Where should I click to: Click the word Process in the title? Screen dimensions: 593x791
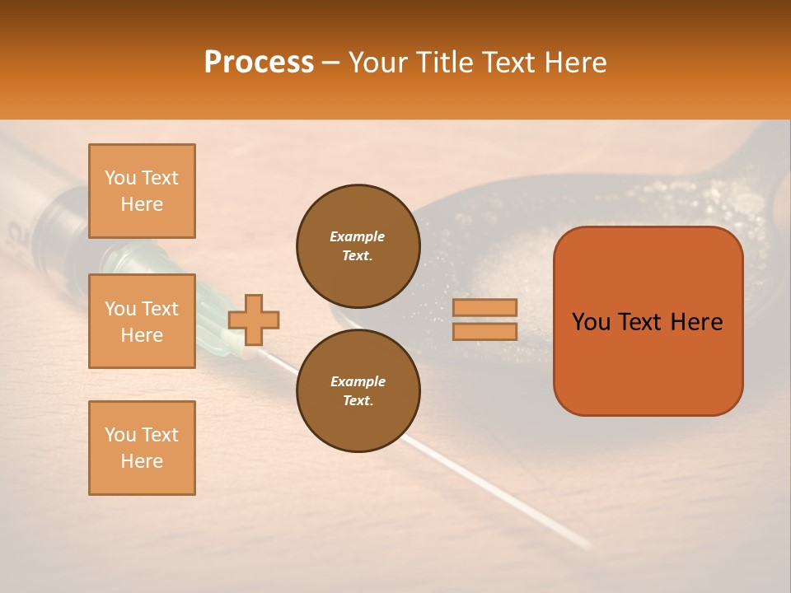[259, 63]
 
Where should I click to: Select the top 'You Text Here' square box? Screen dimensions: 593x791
[142, 191]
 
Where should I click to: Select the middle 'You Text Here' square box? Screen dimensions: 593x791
[142, 321]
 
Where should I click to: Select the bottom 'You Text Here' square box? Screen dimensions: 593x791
[142, 448]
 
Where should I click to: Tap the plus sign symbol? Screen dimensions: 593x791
[254, 320]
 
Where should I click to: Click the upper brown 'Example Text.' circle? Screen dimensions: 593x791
[358, 246]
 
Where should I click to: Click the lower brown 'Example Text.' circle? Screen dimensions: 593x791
[358, 391]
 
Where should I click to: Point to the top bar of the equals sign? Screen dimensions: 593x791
[485, 308]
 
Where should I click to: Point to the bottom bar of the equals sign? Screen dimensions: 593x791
[485, 331]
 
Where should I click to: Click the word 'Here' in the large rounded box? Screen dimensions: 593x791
[696, 322]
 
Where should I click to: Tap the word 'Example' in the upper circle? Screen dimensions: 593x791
[358, 236]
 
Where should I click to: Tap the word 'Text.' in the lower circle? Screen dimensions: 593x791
[358, 401]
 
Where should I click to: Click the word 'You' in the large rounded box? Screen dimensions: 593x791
[591, 322]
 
